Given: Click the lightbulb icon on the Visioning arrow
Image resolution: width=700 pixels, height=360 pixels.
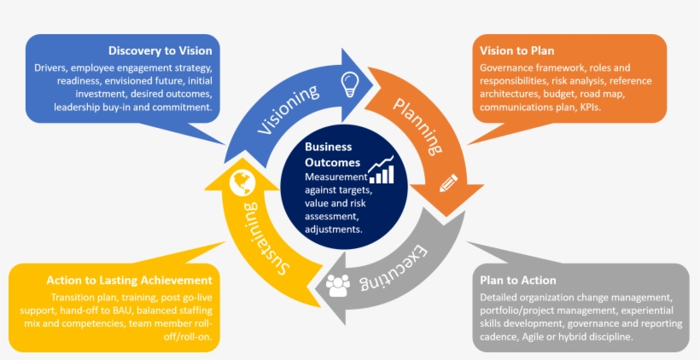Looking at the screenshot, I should point(348,84).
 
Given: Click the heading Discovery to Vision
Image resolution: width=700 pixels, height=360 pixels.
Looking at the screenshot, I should point(160,50).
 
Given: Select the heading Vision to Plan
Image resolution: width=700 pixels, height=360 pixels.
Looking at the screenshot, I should point(516,50).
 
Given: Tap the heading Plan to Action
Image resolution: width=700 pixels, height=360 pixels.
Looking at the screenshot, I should point(518,280).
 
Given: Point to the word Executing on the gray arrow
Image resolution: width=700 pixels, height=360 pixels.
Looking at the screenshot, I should point(402,264).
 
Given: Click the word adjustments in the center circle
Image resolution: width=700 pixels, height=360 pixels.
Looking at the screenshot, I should point(334,229).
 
